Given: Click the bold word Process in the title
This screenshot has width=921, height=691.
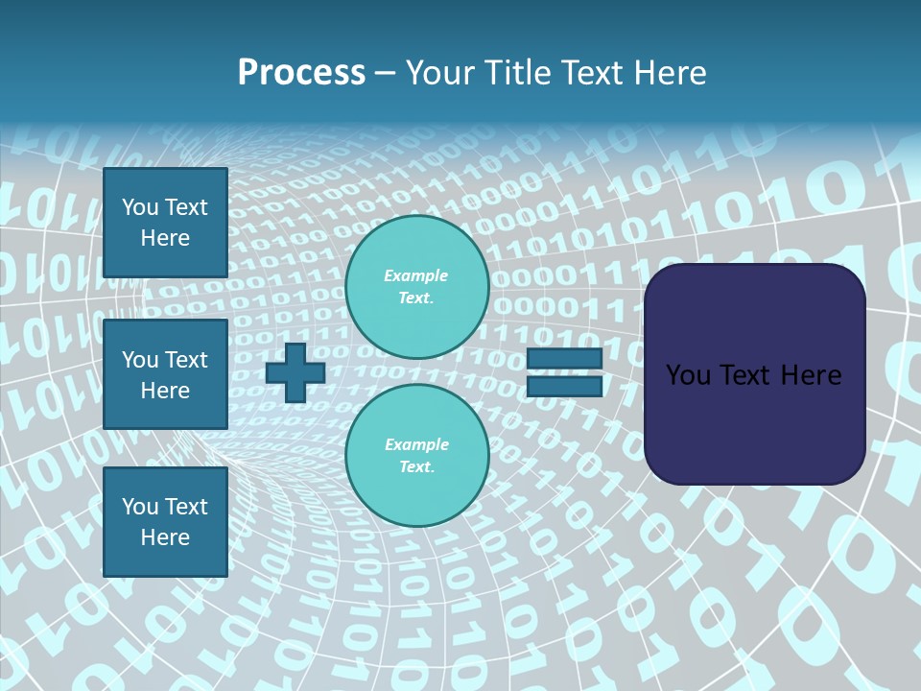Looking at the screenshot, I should tap(301, 73).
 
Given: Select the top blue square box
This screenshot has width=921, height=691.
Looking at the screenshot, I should tap(165, 223).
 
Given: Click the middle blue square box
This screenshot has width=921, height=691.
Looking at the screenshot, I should tap(165, 374).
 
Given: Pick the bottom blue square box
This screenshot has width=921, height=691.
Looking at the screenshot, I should tap(165, 522).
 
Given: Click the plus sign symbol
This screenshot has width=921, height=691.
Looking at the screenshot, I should tap(295, 372).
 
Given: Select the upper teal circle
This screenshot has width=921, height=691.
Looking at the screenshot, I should tap(417, 286).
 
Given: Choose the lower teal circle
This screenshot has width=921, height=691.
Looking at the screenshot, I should tap(417, 455).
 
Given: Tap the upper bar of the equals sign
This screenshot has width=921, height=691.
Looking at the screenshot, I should tap(564, 358).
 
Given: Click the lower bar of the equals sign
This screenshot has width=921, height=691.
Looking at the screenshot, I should tap(564, 387).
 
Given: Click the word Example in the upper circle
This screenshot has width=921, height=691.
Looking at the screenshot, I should tap(415, 275).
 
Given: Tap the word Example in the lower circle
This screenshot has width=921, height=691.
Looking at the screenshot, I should tap(415, 444).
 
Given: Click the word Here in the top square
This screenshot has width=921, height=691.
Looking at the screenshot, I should tap(165, 238).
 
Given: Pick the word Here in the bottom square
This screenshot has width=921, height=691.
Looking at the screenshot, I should tap(165, 537).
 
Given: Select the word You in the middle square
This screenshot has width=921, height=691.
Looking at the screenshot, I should tap(140, 360).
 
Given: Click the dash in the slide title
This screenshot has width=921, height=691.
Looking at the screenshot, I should tap(385, 74).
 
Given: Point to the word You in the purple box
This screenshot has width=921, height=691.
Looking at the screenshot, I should tap(687, 375).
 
